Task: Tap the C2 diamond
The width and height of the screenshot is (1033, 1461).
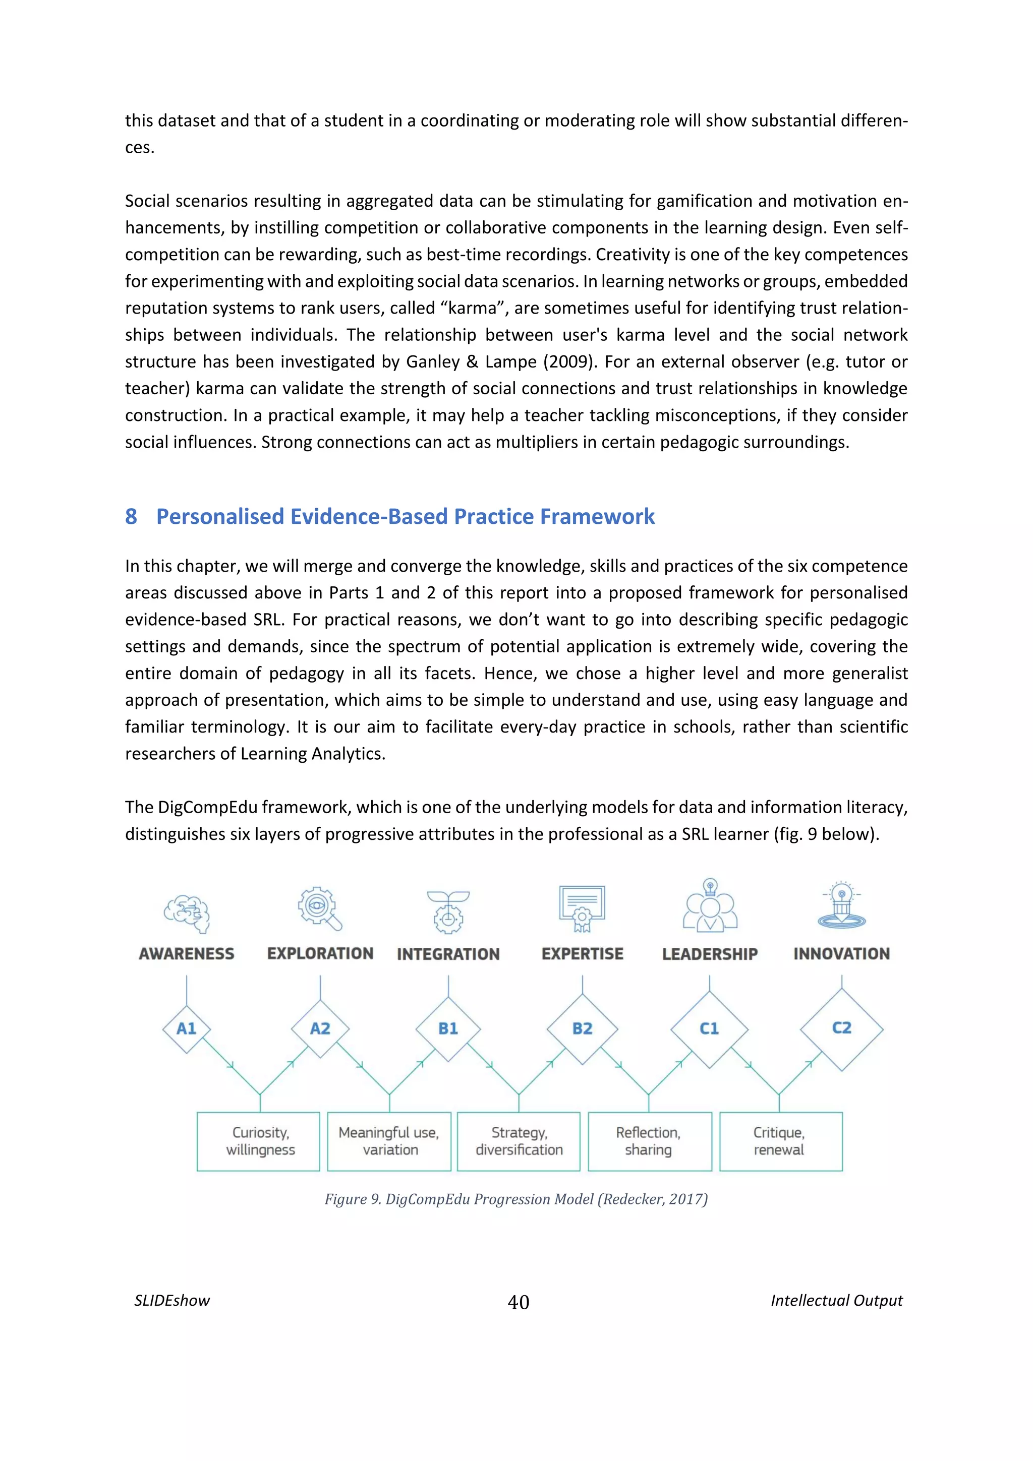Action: [x=841, y=1028]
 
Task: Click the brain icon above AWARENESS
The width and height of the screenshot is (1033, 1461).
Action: [x=187, y=913]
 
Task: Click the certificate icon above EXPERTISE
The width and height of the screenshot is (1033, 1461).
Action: [x=582, y=908]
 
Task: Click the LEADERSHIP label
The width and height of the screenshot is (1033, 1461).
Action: [x=709, y=954]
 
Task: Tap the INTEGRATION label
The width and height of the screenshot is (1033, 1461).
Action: [x=448, y=954]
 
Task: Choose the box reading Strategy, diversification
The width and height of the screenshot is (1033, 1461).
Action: [x=519, y=1141]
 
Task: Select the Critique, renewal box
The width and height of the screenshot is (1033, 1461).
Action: [x=780, y=1141]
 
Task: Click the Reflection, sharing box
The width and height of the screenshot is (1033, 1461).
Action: [x=649, y=1141]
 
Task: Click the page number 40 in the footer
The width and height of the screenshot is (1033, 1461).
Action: [x=518, y=1302]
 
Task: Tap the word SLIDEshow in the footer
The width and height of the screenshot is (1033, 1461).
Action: [x=172, y=1300]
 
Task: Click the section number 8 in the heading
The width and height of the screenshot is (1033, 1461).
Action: [x=131, y=516]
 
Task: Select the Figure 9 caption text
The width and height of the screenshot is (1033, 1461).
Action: [x=515, y=1199]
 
